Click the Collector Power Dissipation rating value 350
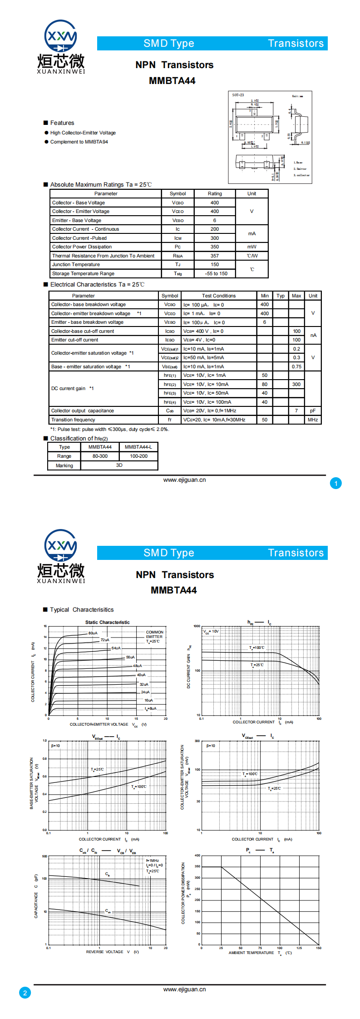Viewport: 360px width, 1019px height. pyautogui.click(x=215, y=247)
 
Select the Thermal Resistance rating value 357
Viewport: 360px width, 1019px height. pyautogui.click(x=215, y=256)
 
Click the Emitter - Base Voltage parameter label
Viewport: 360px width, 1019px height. pyautogui.click(x=77, y=221)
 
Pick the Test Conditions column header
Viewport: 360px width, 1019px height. pyautogui.click(x=219, y=296)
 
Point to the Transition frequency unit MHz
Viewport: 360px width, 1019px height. pyautogui.click(x=313, y=420)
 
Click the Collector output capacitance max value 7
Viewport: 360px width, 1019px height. pyautogui.click(x=296, y=411)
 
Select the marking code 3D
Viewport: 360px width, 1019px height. pyautogui.click(x=119, y=465)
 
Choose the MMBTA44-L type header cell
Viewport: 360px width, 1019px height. pyautogui.click(x=138, y=447)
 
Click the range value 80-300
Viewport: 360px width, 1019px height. pyautogui.click(x=100, y=456)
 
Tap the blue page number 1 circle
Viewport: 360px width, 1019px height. pyautogui.click(x=336, y=484)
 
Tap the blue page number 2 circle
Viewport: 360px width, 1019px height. pyautogui.click(x=25, y=993)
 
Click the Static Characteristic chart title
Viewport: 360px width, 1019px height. pyautogui.click(x=108, y=623)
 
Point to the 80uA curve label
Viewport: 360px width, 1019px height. pyautogui.click(x=93, y=633)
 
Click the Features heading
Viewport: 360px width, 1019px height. pyautogui.click(x=62, y=123)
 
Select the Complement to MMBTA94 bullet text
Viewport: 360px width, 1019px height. pyautogui.click(x=79, y=142)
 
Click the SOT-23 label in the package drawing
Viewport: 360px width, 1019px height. pyautogui.click(x=238, y=95)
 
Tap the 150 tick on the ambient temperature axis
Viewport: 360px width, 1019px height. pyautogui.click(x=319, y=948)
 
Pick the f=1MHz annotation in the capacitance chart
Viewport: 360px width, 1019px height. pyautogui.click(x=153, y=861)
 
